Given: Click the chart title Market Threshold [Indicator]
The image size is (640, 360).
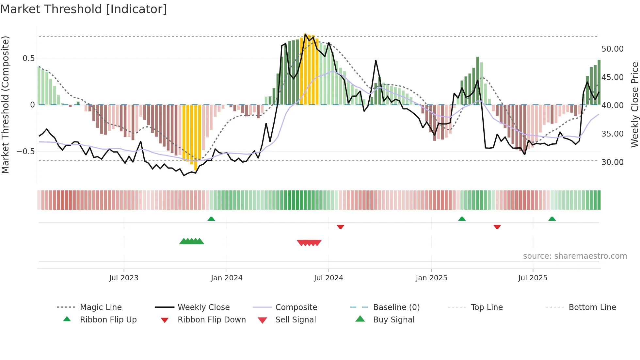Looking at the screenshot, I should click(84, 9).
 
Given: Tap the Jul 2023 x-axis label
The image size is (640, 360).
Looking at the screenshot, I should click(124, 278).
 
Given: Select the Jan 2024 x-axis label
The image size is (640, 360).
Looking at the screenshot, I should click(227, 278).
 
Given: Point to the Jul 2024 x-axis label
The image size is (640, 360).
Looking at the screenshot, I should click(328, 278).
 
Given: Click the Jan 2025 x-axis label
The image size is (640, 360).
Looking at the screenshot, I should click(431, 278).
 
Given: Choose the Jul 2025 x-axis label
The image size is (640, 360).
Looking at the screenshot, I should click(533, 278).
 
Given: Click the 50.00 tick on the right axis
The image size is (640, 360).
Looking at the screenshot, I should click(612, 49).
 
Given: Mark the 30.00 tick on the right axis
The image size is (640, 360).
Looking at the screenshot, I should click(612, 162).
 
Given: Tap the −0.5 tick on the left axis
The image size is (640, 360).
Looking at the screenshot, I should click(25, 152).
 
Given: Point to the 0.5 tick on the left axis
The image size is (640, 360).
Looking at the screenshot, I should click(28, 58).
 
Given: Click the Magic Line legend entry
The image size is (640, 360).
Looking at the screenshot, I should click(101, 307).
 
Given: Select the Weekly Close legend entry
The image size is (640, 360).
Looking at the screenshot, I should click(203, 307).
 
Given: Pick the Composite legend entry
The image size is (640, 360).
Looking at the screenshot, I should click(296, 307).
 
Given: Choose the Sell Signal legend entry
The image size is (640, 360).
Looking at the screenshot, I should click(295, 320).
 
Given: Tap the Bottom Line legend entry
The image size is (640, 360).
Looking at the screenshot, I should click(592, 307).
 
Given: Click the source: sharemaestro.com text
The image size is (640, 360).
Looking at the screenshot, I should click(575, 256).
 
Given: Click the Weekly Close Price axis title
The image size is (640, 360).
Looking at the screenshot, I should click(634, 105).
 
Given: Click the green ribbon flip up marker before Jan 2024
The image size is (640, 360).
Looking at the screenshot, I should click(211, 219).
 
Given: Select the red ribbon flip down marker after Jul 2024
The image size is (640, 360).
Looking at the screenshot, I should click(341, 227).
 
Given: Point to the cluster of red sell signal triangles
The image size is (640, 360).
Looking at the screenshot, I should click(309, 243).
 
